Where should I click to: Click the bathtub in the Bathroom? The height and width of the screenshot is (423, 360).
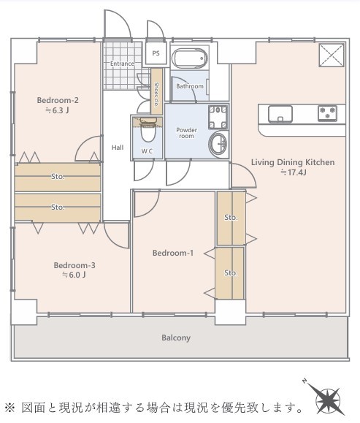[191, 58]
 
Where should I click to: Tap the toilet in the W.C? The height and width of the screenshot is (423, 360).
[148, 129]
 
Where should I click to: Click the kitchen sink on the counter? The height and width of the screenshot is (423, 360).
[280, 114]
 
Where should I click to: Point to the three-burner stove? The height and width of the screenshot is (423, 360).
[327, 113]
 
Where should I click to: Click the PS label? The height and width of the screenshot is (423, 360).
[156, 53]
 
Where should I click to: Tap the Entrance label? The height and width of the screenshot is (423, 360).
[122, 64]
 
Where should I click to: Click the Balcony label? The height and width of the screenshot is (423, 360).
[176, 338]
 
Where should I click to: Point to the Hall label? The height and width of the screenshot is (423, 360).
[118, 148]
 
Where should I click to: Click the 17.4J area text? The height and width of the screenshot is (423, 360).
[293, 172]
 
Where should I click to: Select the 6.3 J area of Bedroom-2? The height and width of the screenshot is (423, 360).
[57, 110]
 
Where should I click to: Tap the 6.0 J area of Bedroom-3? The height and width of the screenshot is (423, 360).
[74, 275]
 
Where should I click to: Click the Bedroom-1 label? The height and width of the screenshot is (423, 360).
[173, 253]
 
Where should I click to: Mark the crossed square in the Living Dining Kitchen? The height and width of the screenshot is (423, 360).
[331, 55]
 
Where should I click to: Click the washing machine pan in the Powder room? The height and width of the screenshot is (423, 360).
[218, 117]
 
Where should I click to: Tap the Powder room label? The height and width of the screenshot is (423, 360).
[186, 133]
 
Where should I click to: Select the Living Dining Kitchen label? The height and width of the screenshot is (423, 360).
[293, 162]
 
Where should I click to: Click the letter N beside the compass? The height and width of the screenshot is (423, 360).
[305, 381]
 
